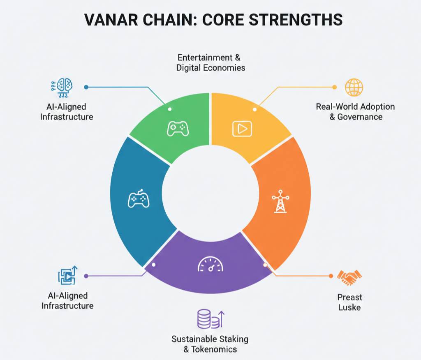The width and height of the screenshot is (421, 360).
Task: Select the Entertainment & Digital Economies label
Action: point(210,62)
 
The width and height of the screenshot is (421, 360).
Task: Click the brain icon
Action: point(62,87)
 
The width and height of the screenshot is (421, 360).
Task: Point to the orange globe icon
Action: point(354,87)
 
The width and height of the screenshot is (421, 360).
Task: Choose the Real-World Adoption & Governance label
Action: point(355,111)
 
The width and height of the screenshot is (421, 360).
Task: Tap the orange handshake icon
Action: point(349,278)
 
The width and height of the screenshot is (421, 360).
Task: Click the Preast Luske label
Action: point(349,302)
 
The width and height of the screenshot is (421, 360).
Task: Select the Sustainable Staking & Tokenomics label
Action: point(210,344)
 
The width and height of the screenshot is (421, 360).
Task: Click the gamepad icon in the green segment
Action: point(178,128)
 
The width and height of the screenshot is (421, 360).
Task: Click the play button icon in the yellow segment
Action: point(242,129)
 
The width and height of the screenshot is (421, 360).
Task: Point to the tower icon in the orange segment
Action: point(280,201)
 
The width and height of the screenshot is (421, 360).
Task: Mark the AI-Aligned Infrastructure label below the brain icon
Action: point(67,111)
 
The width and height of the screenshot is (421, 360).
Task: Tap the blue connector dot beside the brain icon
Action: point(86,87)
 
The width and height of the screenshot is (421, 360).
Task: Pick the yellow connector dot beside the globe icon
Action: point(334,87)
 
